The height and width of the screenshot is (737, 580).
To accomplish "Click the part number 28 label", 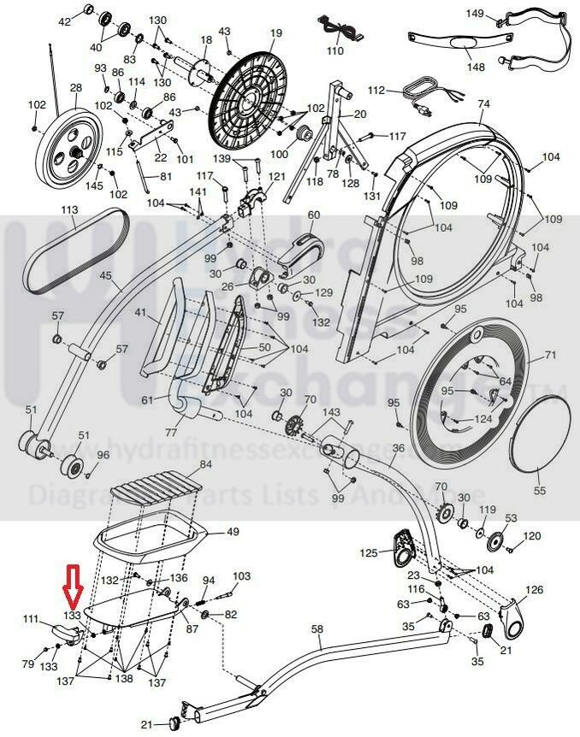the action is click(75, 88).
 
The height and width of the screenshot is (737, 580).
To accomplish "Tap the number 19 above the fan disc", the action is click(275, 33).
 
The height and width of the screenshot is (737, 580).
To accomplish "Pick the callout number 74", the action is click(484, 103).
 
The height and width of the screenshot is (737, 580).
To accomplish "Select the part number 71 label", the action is click(550, 355).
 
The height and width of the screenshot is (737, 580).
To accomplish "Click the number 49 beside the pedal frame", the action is click(232, 532).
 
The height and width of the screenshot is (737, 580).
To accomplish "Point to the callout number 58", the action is click(317, 630).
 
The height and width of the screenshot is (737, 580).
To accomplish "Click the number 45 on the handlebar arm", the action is click(106, 276).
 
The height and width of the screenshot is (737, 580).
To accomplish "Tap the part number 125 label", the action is click(367, 554).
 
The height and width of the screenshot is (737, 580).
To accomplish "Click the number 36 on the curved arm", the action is click(398, 447).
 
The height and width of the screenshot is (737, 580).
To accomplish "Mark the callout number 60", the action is click(313, 215).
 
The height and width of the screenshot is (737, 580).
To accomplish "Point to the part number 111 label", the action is click(31, 619).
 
